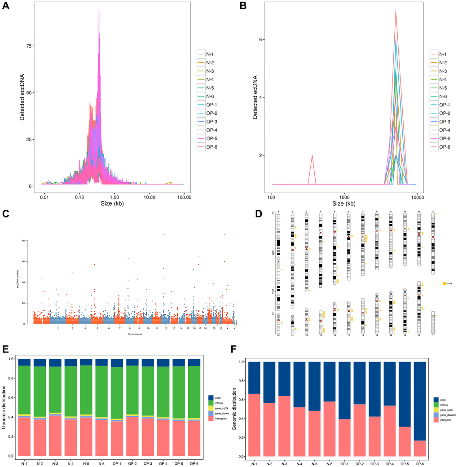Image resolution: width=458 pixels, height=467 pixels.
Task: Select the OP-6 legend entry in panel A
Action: [x=212, y=147]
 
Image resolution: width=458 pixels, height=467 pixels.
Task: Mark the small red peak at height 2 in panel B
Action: [x=312, y=156]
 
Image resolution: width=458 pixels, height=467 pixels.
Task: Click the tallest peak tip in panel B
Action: [x=396, y=10]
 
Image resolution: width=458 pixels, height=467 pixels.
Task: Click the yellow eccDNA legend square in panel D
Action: [x=444, y=284]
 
